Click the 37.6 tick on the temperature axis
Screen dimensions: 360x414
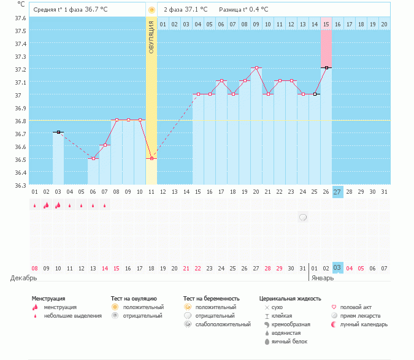(21, 18)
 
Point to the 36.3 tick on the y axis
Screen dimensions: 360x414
(21, 185)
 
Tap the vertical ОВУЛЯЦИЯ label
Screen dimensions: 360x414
(151, 38)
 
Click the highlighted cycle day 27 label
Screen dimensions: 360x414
(337, 191)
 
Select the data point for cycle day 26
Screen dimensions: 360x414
(326, 67)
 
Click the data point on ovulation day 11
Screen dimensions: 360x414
(151, 158)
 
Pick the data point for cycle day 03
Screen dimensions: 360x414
(58, 132)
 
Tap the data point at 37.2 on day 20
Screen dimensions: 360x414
(256, 67)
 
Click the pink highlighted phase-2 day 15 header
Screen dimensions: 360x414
(326, 24)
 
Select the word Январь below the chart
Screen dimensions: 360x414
(323, 278)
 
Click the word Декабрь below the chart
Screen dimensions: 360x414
(24, 278)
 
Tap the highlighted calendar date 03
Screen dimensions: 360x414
(337, 268)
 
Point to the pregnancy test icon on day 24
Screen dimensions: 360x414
(303, 217)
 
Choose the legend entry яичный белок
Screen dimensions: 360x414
(286, 341)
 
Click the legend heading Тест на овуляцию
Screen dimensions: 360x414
(134, 299)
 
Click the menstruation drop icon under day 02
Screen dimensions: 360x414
(46, 206)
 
